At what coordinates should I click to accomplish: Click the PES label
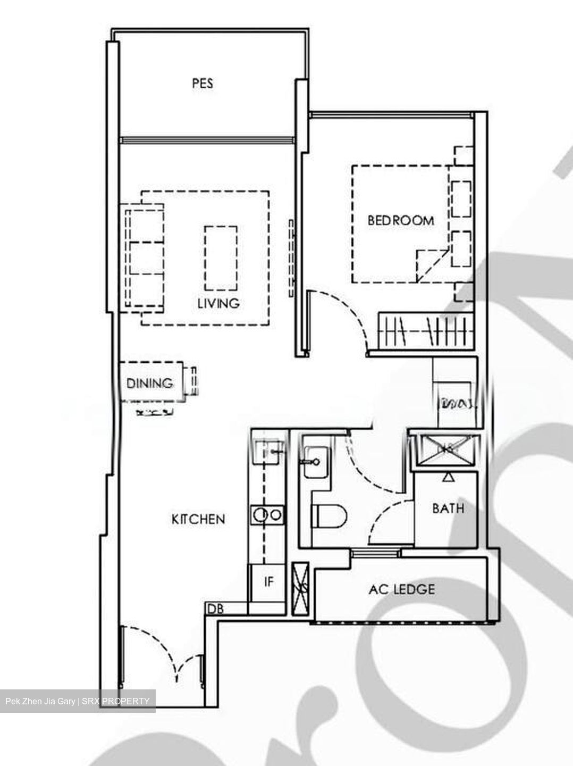[203, 84]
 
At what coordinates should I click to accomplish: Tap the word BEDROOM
[401, 220]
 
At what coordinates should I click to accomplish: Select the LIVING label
[218, 303]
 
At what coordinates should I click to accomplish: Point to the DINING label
[150, 382]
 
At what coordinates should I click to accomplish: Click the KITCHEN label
[198, 519]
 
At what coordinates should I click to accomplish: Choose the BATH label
[448, 509]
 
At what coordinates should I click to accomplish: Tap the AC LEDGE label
[402, 589]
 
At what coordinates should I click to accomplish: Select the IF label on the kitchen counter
[269, 582]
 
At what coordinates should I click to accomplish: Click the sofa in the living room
[144, 257]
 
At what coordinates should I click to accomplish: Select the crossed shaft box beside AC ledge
[300, 588]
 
